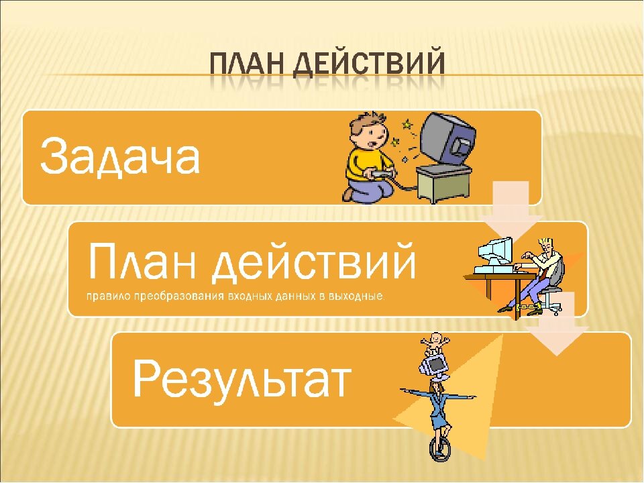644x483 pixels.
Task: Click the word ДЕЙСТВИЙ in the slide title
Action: pos(369,64)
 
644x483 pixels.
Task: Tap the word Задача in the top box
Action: pos(120,157)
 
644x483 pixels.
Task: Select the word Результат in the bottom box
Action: pos(242,378)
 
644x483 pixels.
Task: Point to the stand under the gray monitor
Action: pos(443,183)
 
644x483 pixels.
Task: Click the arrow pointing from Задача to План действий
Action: pos(511,209)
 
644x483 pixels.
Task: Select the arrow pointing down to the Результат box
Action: pos(557,324)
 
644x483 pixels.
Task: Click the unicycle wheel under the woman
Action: pos(439,449)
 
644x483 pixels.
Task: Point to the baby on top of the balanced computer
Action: pos(435,343)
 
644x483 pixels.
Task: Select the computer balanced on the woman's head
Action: pos(434,366)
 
